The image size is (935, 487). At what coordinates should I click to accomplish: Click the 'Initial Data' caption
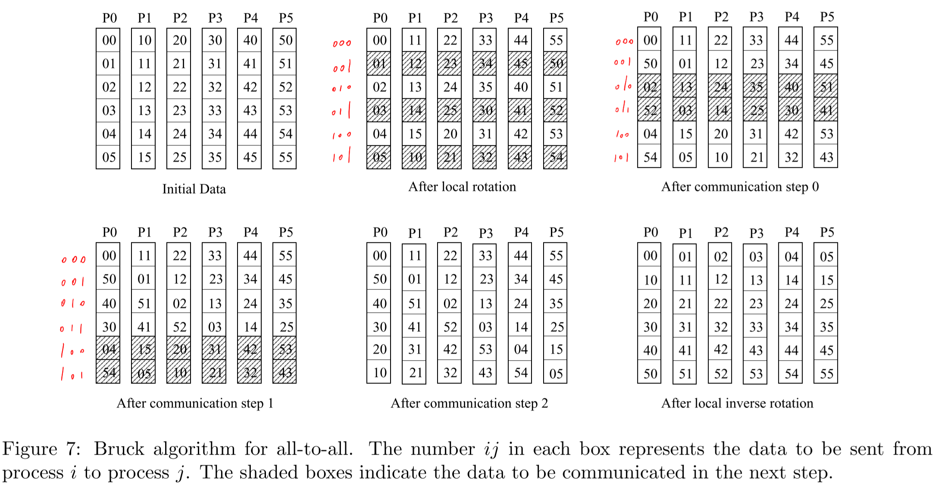coord(194,189)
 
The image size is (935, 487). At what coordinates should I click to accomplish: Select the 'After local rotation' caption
coord(462,187)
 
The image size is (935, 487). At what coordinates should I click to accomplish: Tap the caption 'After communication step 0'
coord(740,187)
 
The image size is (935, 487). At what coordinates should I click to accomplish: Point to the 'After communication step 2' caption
coord(469,403)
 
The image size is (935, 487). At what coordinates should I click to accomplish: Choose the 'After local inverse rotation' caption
coord(737,403)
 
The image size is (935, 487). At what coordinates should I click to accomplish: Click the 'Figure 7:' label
coord(41,449)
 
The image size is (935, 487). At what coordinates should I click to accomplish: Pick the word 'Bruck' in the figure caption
coord(119,449)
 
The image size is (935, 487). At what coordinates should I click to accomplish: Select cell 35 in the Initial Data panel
coord(215,157)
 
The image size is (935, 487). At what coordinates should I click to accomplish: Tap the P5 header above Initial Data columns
coord(285,18)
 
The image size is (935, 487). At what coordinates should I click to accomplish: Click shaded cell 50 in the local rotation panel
coord(556,64)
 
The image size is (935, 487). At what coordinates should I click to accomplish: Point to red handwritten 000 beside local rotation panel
coord(342,43)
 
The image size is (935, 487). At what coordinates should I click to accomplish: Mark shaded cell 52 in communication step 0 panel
coord(650,110)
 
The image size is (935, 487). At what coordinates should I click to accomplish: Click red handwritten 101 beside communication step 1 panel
coord(72,374)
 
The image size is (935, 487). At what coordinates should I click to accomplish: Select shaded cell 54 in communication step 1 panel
coord(109,373)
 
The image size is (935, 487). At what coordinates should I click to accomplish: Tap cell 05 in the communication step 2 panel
coord(556,373)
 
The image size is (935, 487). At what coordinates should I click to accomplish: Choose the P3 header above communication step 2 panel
coord(485,233)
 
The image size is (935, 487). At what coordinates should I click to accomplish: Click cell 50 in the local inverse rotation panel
coord(650,374)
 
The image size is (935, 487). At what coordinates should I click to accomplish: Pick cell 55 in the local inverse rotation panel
coord(826,374)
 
